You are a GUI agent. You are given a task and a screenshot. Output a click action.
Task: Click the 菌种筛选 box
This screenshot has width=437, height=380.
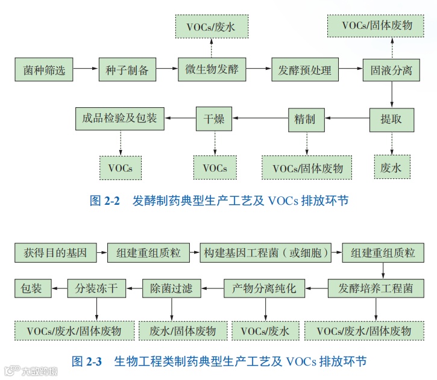pos(44,70)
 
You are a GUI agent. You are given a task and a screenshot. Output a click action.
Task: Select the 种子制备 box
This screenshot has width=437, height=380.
pos(127,70)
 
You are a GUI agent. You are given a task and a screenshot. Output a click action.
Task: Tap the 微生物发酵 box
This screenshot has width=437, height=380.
pos(212,70)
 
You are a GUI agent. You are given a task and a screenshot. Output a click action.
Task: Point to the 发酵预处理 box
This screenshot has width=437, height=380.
pos(305,70)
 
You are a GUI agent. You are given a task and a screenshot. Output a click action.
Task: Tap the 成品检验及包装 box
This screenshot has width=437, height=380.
pos(120,119)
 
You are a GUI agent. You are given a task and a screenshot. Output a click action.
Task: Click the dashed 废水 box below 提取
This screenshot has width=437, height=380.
pos(392,167)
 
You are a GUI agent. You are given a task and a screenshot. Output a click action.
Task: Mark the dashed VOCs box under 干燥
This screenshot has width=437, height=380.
pos(215,167)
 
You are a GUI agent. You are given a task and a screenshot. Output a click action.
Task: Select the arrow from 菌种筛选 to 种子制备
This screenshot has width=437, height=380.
pos(86,70)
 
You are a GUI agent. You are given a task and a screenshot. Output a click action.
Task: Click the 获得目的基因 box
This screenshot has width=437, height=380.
pos(55,253)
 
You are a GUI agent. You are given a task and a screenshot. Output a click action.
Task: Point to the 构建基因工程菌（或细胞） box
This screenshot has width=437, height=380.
pos(266,253)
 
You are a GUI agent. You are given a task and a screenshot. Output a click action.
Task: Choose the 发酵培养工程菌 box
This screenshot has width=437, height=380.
pos(376,288)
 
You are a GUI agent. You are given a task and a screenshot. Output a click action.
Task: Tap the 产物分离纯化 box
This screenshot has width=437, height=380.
pos(265,288)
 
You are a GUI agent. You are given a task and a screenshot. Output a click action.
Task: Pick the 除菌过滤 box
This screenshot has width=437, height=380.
pos(171,288)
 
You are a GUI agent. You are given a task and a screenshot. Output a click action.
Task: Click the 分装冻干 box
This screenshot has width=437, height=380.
pos(96,288)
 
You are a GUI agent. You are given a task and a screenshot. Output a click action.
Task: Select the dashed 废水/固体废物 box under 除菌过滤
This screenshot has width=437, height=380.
pos(183,331)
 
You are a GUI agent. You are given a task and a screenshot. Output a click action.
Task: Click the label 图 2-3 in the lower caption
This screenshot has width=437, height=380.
pos(87,361)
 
